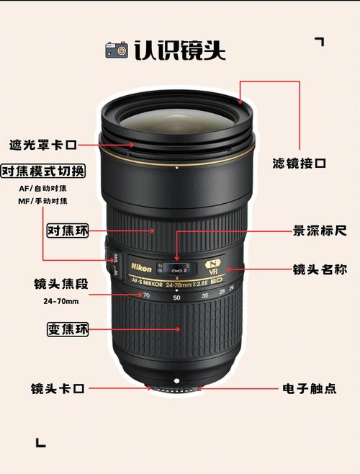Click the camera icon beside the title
(x=117, y=50)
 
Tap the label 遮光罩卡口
(x=42, y=145)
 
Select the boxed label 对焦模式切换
(x=42, y=171)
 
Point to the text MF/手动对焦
(x=42, y=201)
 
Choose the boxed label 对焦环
(x=67, y=231)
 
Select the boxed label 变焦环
(x=67, y=330)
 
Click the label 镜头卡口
(x=58, y=388)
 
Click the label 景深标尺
(x=320, y=231)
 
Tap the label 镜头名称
(x=320, y=269)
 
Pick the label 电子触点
(x=309, y=388)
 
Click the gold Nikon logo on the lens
(x=141, y=268)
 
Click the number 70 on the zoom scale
(x=147, y=295)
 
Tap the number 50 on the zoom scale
(x=177, y=296)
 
